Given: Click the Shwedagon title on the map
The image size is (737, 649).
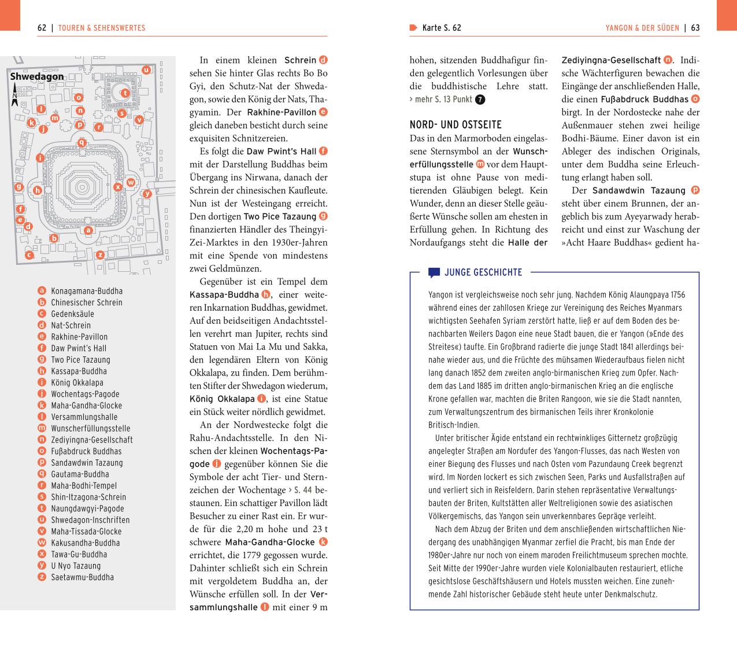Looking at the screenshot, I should point(37,76).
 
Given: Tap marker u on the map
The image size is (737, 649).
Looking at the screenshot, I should point(147,70).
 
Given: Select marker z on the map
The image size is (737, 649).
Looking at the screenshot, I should point(100,255).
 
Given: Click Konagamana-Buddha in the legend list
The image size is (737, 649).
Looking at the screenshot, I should point(87,291).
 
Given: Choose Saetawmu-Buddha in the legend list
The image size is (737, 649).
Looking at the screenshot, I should point(82,577).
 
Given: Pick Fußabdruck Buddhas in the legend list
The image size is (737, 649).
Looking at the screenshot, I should point(86,451).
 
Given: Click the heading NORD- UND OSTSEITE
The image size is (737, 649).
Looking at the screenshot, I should point(455,125).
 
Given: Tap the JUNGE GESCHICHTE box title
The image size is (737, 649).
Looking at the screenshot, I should point(483,272).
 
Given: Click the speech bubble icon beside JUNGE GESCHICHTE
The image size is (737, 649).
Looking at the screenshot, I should point(434,272).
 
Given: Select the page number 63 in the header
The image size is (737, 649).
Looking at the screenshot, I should point(695,28).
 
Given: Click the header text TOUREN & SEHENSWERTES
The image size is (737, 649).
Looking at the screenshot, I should point(102,28).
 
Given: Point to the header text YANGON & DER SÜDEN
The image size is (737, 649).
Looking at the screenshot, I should point(642,28).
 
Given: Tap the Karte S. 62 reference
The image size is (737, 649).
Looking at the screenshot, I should point(442,28).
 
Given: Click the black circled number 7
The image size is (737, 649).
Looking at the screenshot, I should point(480,99).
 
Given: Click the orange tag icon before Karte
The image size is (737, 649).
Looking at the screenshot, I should point(413,28).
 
